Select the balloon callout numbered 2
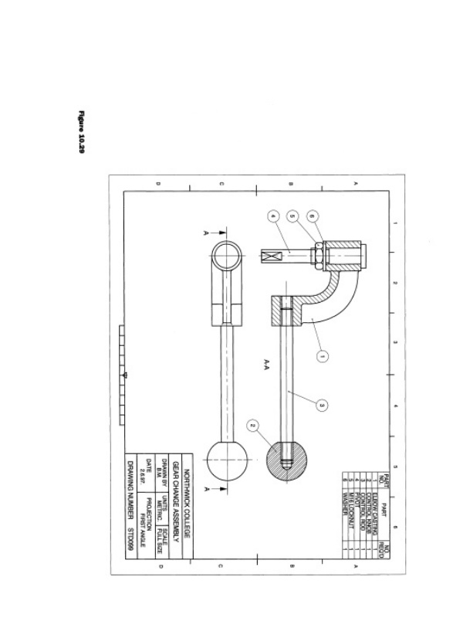click(x=252, y=426)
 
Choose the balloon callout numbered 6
click(x=312, y=217)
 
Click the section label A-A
click(x=265, y=362)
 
